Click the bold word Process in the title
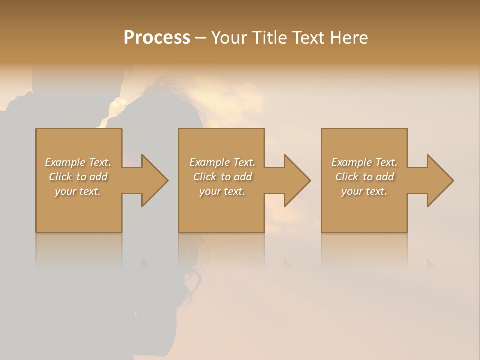(157, 37)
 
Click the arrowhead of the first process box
(154, 180)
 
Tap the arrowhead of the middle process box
(297, 180)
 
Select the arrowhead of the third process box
(440, 180)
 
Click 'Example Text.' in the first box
(78, 162)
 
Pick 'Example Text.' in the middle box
(222, 162)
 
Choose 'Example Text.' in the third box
(364, 162)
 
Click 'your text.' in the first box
(78, 191)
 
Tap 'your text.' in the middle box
(222, 191)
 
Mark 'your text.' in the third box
(364, 191)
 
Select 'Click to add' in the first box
(78, 177)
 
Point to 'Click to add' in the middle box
(222, 177)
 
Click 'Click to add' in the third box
(364, 177)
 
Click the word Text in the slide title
(306, 37)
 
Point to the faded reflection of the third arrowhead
(431, 264)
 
